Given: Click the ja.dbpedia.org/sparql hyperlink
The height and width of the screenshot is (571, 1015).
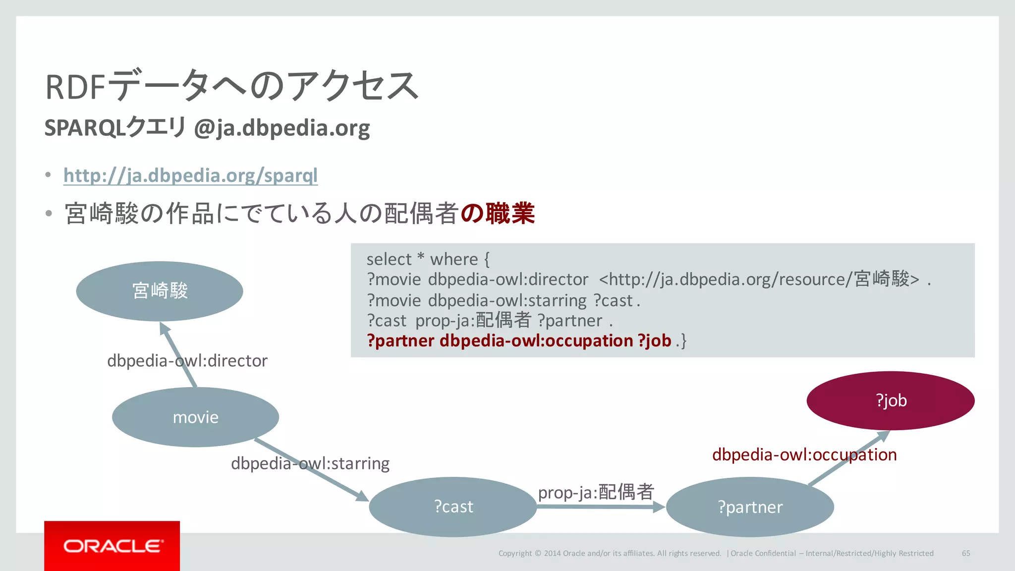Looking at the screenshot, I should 190,175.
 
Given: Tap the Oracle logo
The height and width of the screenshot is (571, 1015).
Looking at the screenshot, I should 112,546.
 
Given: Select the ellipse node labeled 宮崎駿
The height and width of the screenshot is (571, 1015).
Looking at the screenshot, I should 160,291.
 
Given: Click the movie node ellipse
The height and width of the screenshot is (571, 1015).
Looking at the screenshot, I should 195,417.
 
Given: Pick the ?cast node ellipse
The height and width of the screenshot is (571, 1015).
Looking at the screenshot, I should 453,507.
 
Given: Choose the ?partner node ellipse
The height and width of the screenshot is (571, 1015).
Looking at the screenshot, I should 750,507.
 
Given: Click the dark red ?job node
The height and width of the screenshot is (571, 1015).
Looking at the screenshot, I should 891,400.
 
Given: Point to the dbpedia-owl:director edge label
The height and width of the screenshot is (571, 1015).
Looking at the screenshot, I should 187,361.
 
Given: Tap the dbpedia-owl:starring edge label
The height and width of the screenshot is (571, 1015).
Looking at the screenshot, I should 310,463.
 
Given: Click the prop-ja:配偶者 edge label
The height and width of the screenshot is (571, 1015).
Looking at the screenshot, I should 596,492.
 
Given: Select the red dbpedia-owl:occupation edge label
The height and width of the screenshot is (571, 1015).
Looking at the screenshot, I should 804,455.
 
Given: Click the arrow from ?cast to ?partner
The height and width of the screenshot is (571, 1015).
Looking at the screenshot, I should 600,507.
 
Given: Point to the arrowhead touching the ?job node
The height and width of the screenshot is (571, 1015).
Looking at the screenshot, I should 882,436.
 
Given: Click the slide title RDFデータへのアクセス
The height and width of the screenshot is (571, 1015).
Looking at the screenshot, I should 232,86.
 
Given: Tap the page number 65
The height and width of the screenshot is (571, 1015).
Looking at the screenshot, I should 966,553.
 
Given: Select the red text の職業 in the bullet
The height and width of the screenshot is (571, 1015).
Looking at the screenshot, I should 497,214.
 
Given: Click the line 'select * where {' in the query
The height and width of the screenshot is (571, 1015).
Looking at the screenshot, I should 428,259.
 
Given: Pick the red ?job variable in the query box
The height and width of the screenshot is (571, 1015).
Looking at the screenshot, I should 654,341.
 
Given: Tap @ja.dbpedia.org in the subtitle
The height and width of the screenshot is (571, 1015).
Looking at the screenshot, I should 282,128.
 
